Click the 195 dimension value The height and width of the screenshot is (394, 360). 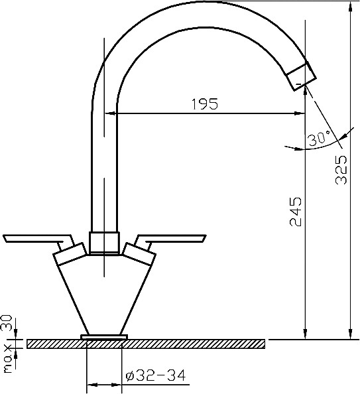click(x=205, y=104)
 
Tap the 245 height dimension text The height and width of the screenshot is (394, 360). click(x=296, y=212)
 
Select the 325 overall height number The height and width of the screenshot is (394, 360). click(x=341, y=170)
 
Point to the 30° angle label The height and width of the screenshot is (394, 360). click(x=320, y=138)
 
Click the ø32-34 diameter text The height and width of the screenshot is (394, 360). click(x=156, y=375)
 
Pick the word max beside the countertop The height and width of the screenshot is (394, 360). click(x=8, y=360)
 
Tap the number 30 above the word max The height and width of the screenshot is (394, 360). click(x=7, y=324)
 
